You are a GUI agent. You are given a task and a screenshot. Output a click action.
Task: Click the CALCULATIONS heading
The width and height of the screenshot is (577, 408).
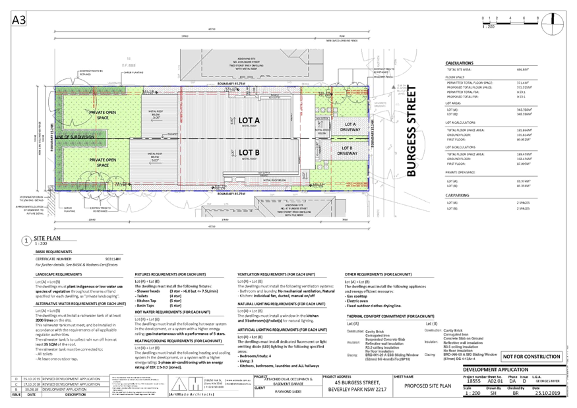point(460,63)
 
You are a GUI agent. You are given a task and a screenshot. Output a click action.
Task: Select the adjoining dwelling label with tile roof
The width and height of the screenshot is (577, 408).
point(276,204)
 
